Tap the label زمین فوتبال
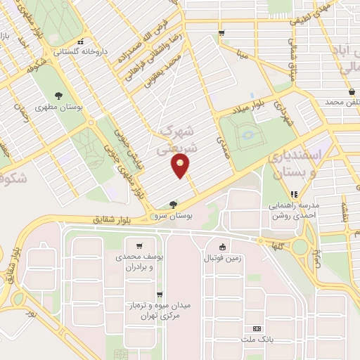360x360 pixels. point(222,258)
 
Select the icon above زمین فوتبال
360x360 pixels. point(222,246)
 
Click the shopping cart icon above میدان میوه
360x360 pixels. point(160,295)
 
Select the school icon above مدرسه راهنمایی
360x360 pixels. point(293,194)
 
